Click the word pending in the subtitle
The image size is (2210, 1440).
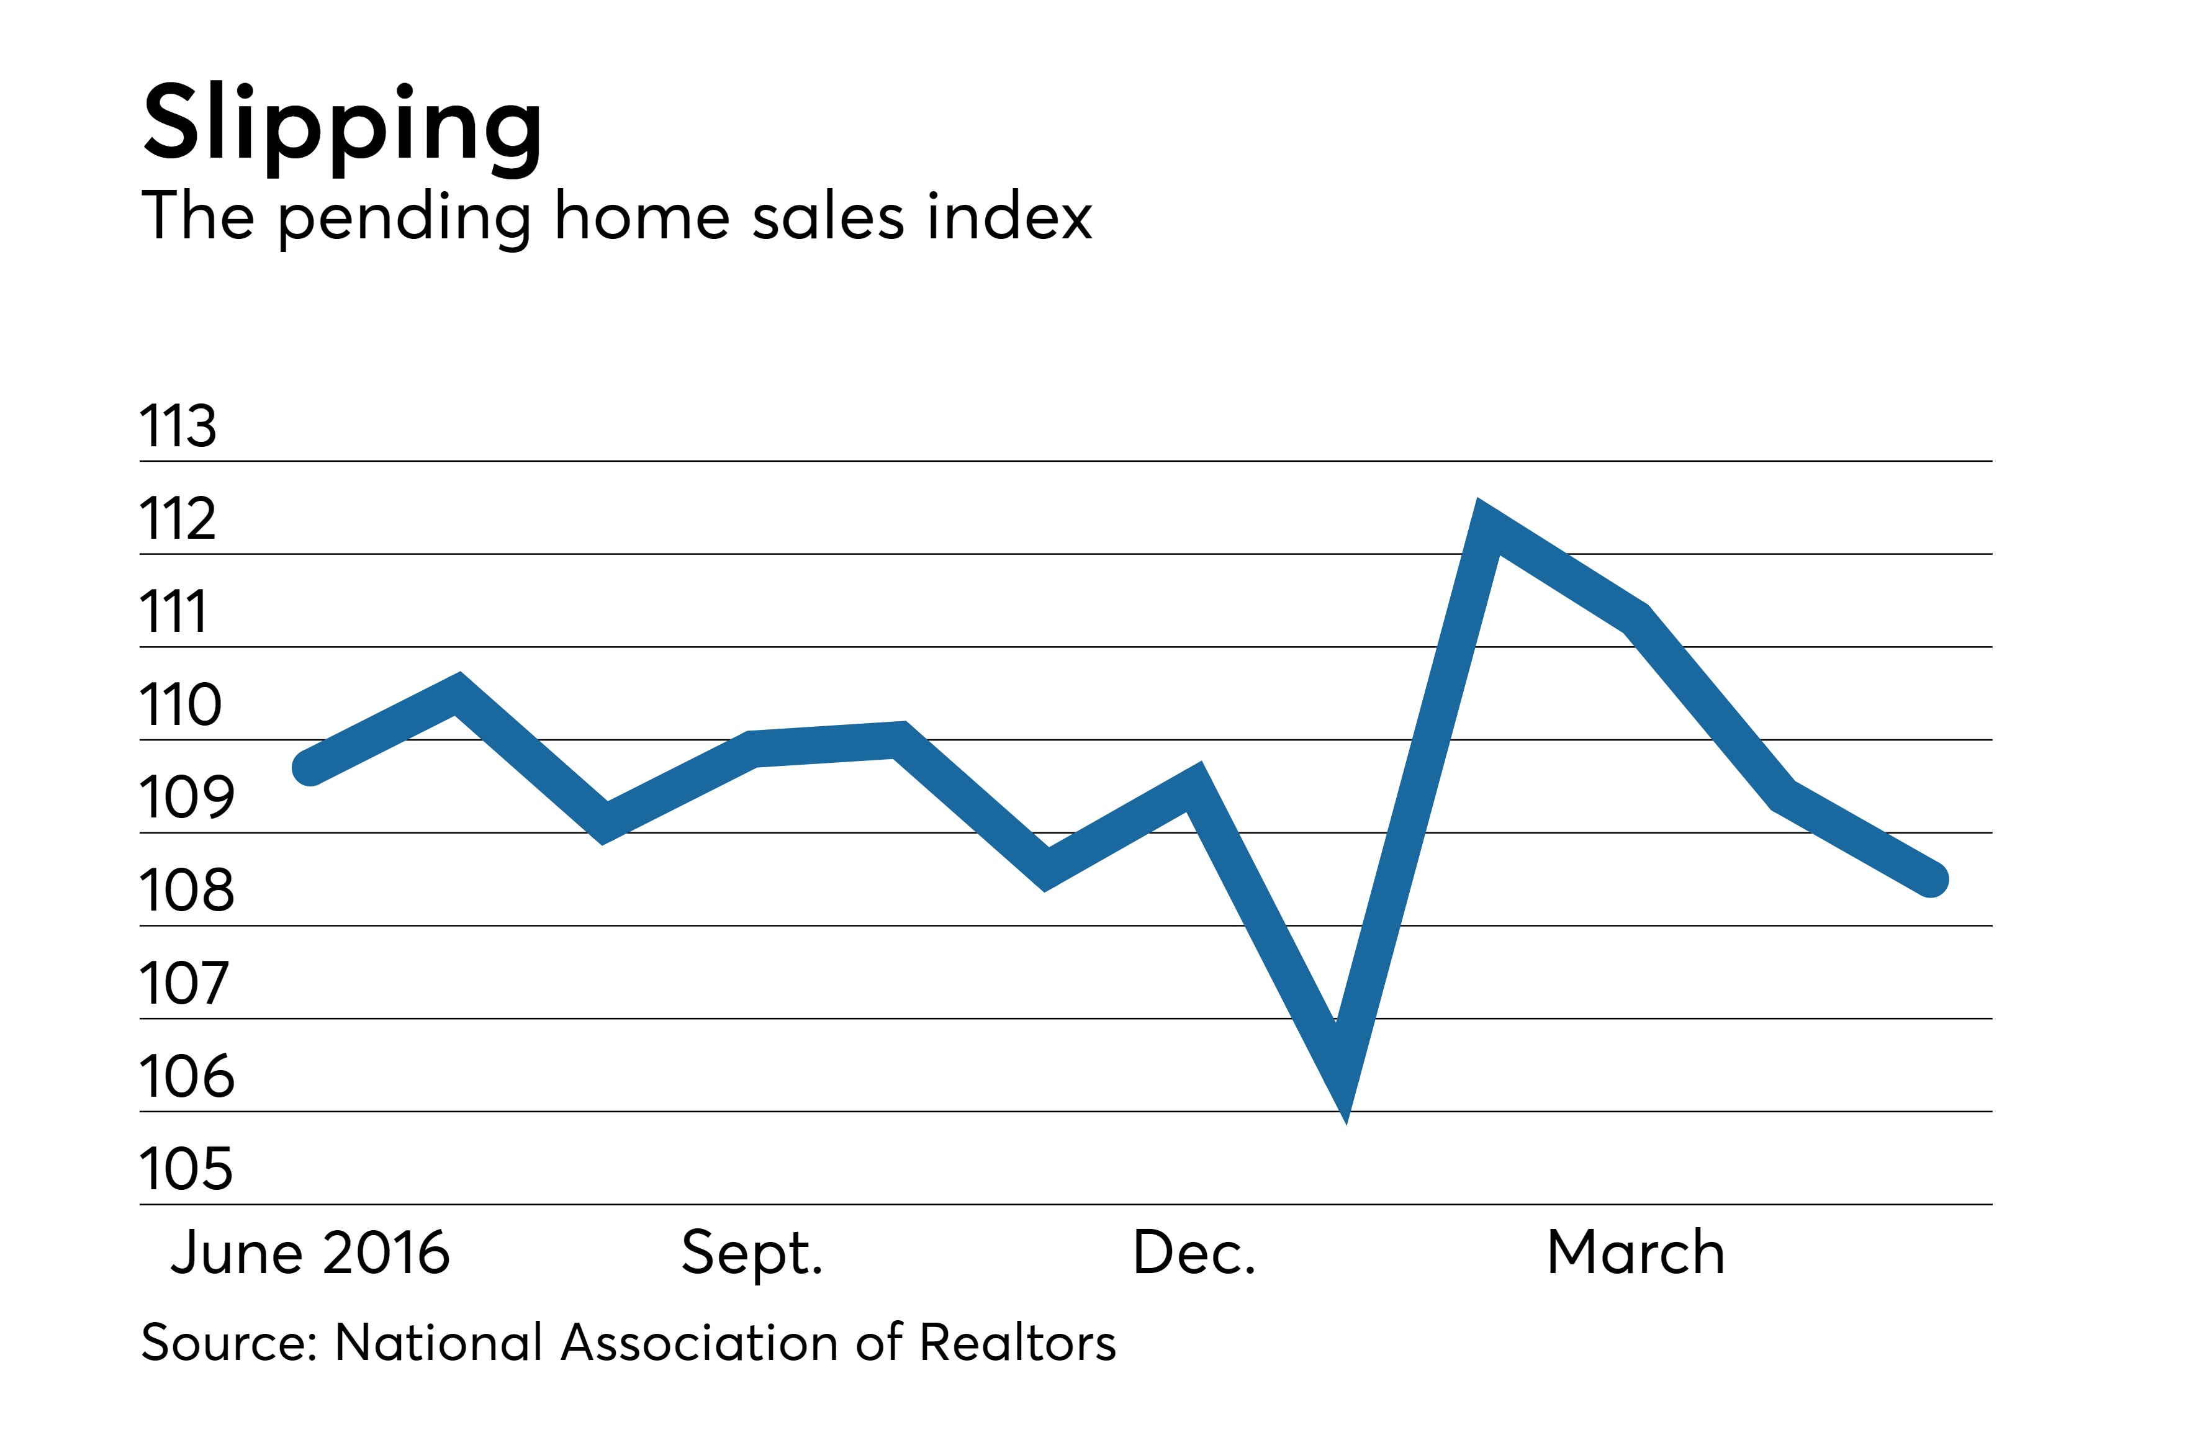[405, 219]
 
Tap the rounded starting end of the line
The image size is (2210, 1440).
[309, 768]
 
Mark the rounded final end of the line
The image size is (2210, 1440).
[1931, 880]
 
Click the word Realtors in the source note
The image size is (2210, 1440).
[1017, 1343]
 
